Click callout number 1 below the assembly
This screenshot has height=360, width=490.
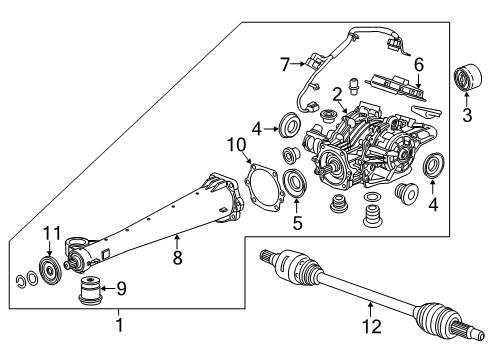click(x=119, y=353)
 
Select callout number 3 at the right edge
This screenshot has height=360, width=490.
click(x=466, y=116)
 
